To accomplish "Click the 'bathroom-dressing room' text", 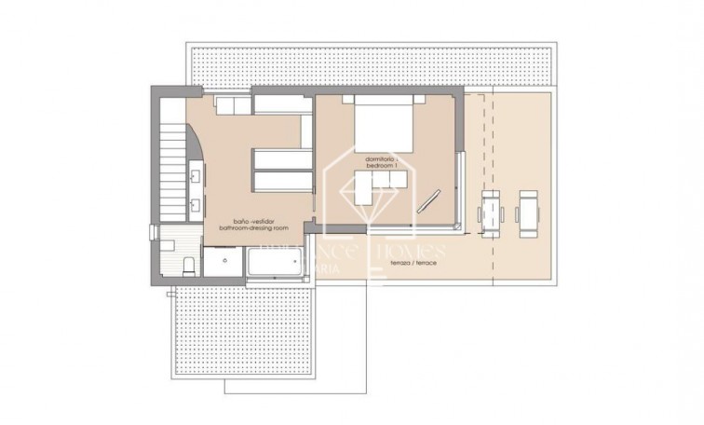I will point(253,227).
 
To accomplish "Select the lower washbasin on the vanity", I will point(196,205).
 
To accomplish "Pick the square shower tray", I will point(222,264).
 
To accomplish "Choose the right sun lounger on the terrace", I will point(527,213).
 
